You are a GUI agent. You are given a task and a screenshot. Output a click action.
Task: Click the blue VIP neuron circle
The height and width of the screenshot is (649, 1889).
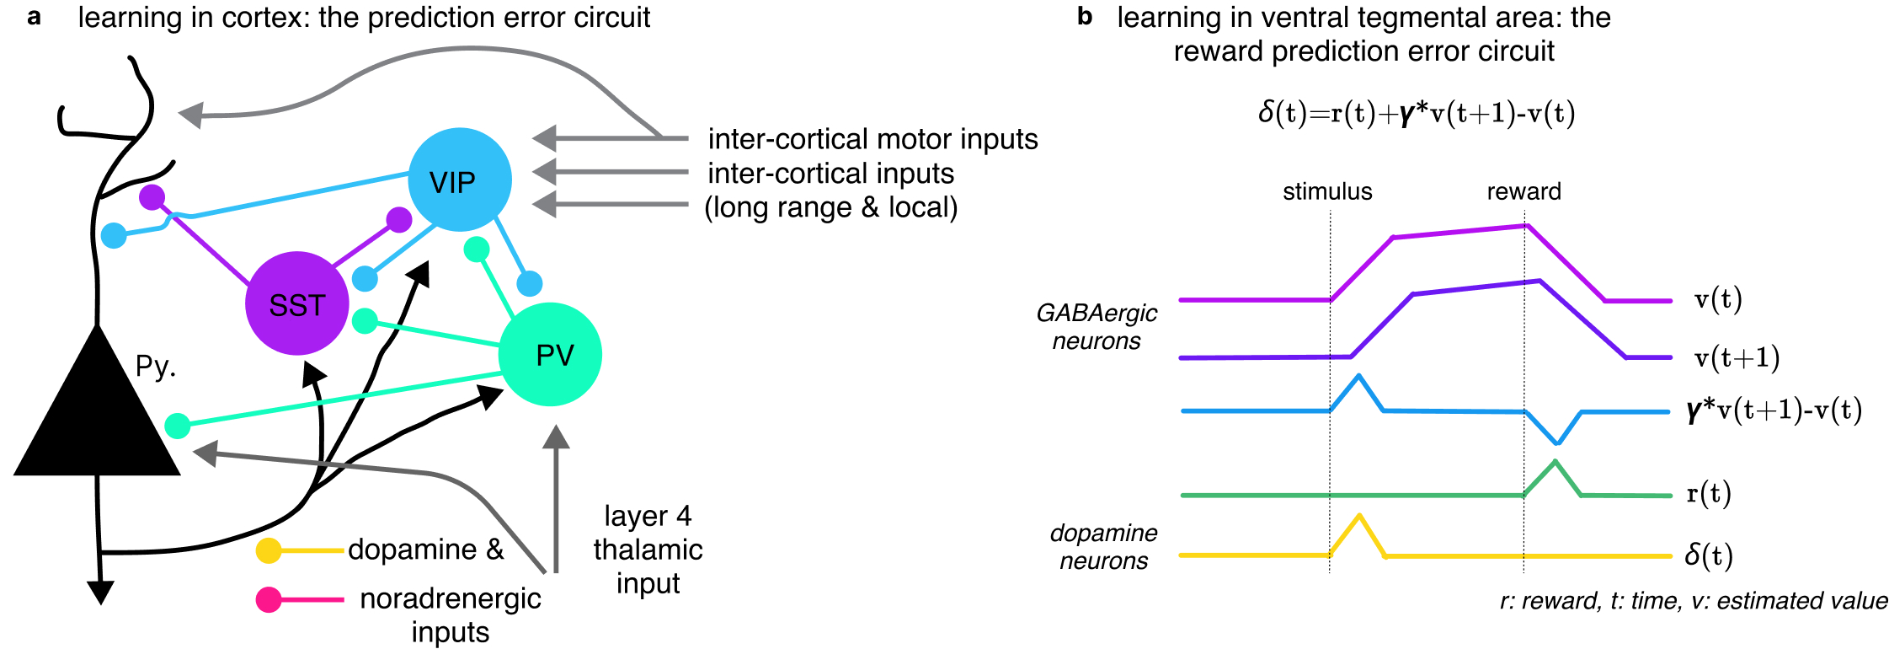click(459, 180)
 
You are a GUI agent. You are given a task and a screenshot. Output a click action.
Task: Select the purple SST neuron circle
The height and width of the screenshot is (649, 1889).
click(296, 303)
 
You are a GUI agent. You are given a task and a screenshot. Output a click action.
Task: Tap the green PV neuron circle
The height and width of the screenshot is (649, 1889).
click(550, 354)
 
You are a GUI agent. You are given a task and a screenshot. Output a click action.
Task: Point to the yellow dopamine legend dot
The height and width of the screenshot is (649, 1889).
click(269, 550)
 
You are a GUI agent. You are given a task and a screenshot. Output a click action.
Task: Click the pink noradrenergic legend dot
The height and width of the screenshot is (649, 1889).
click(269, 599)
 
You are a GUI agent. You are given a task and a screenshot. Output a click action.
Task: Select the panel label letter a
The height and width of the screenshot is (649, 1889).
click(34, 17)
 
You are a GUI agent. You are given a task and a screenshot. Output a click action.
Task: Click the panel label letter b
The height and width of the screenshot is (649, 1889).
click(1085, 17)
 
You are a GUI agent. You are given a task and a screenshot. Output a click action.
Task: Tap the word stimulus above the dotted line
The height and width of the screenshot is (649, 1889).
click(1327, 192)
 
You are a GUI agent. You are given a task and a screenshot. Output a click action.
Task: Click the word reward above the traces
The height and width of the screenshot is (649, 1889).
click(1523, 192)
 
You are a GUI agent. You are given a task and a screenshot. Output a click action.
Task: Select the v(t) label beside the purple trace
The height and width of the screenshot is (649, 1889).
click(1718, 299)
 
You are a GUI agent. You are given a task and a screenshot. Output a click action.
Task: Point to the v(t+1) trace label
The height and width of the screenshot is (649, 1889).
click(1737, 358)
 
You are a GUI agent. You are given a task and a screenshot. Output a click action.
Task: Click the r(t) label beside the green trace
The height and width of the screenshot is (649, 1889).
click(1709, 493)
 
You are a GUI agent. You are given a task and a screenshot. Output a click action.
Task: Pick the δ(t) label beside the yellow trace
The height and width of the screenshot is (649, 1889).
click(1709, 555)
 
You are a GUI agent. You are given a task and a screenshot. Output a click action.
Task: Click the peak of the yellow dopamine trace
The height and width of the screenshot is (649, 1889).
click(1359, 516)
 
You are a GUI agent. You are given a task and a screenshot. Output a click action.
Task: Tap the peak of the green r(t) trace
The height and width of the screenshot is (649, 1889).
click(1555, 461)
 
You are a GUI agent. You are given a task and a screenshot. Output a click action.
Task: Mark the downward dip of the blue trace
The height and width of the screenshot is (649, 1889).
click(1557, 442)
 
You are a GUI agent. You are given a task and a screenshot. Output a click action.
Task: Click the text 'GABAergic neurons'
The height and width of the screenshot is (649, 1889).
click(1097, 327)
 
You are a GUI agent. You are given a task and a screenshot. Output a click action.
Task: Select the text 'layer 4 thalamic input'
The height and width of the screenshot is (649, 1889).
click(648, 550)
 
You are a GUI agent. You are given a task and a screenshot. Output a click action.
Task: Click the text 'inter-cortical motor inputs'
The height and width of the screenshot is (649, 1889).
click(872, 139)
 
